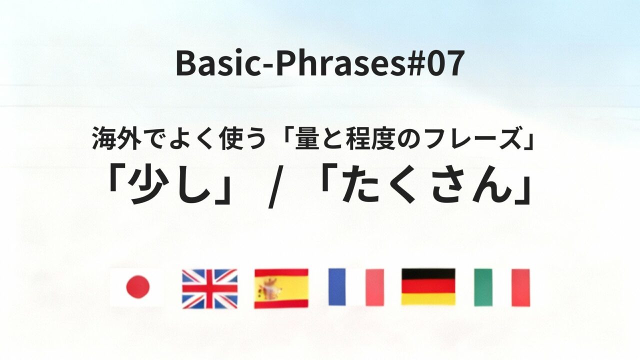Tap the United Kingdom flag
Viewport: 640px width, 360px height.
tap(209, 288)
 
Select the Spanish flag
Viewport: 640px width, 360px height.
tap(281, 288)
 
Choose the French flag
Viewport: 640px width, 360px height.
tap(356, 287)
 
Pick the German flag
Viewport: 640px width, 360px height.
tap(428, 287)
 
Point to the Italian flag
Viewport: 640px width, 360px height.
tap(501, 287)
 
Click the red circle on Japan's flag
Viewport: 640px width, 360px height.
tap(137, 287)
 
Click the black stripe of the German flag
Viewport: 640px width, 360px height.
tap(428, 274)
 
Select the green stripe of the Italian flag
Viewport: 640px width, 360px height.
tap(483, 287)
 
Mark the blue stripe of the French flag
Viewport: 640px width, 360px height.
tap(337, 287)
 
